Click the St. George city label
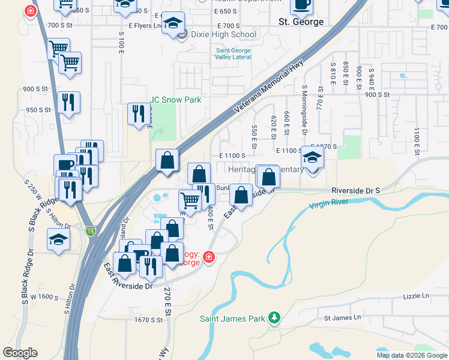301,22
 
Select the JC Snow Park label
175,100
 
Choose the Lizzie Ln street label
418,296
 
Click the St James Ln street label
343,317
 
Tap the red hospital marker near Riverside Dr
208,257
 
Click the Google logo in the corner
20,352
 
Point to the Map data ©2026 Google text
412,355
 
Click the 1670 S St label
148,320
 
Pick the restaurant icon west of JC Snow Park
139,113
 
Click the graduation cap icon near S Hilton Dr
59,240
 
